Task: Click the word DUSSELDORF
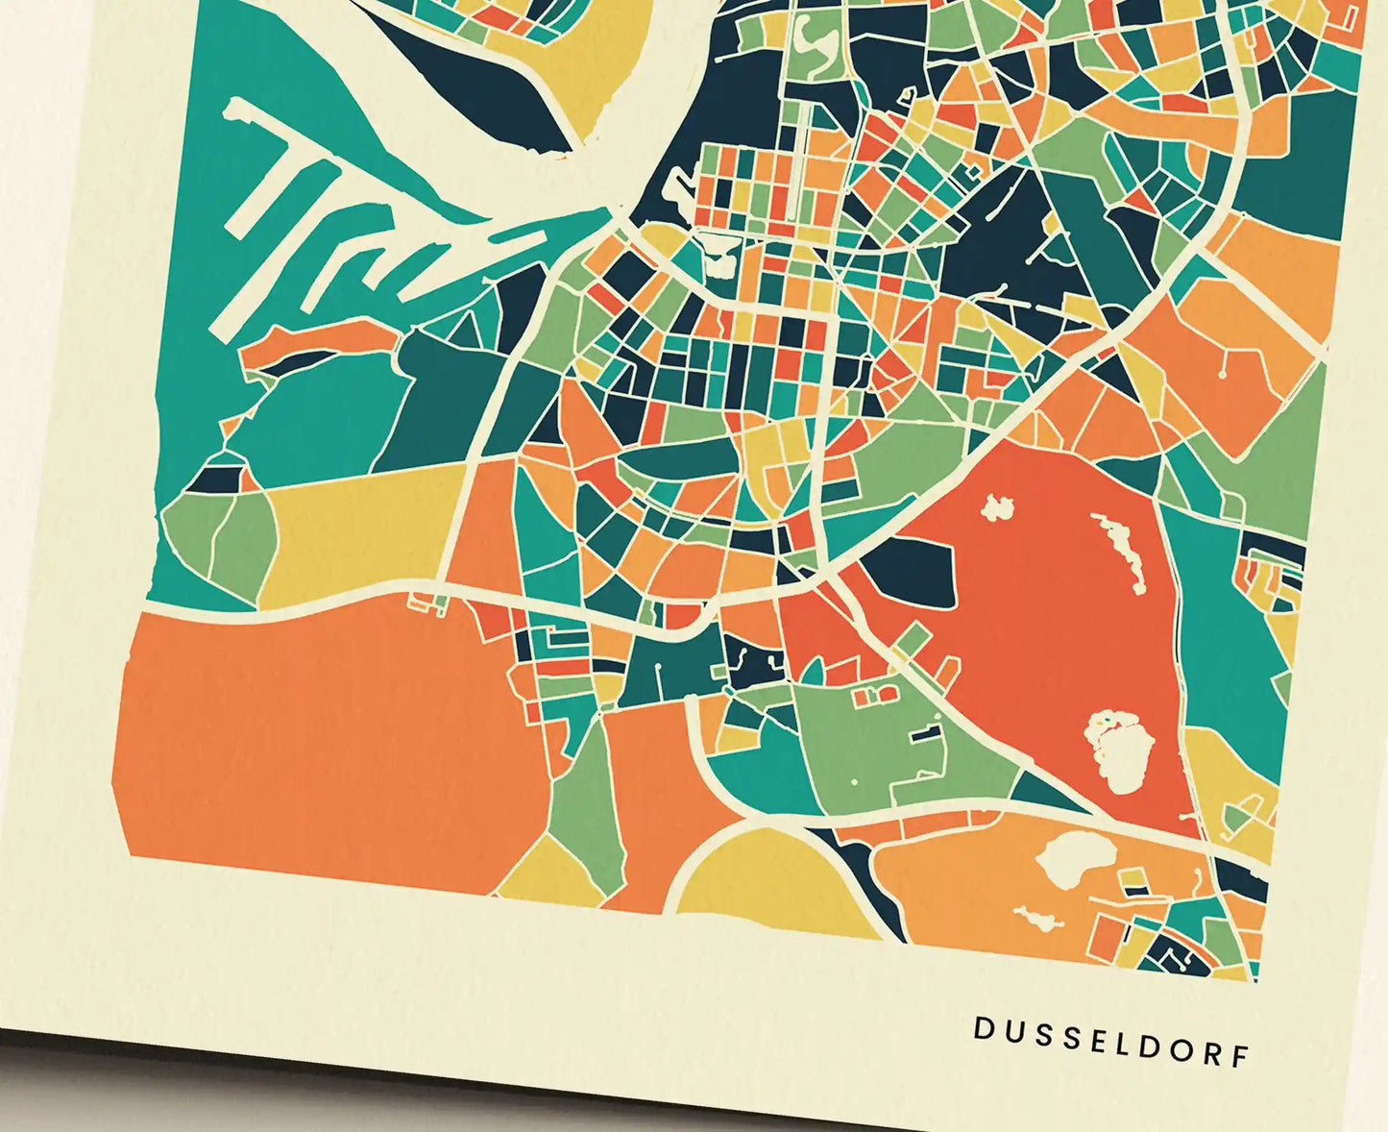(x=1111, y=1041)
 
